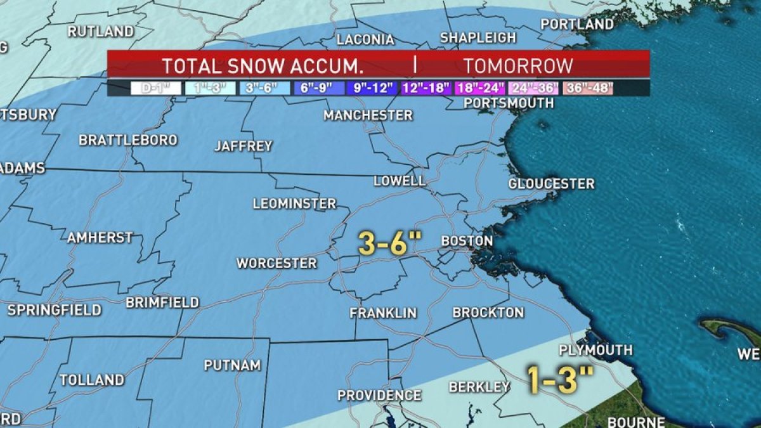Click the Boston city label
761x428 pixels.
point(466,241)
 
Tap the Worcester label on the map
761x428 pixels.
point(276,263)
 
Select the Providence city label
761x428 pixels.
point(379,395)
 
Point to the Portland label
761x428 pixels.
point(577,25)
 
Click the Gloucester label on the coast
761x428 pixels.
point(551,184)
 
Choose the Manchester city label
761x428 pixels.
point(368,115)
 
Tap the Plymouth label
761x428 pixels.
point(595,350)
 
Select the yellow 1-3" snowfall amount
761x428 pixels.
point(561,379)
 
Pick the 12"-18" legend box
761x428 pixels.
point(426,88)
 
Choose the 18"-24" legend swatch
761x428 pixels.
point(479,88)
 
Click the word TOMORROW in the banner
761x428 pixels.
point(517,66)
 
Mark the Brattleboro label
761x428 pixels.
point(127,140)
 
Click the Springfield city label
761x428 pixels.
point(54,310)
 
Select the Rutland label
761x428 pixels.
point(101,32)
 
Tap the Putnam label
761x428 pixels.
point(232,365)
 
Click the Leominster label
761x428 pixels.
point(294,204)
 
